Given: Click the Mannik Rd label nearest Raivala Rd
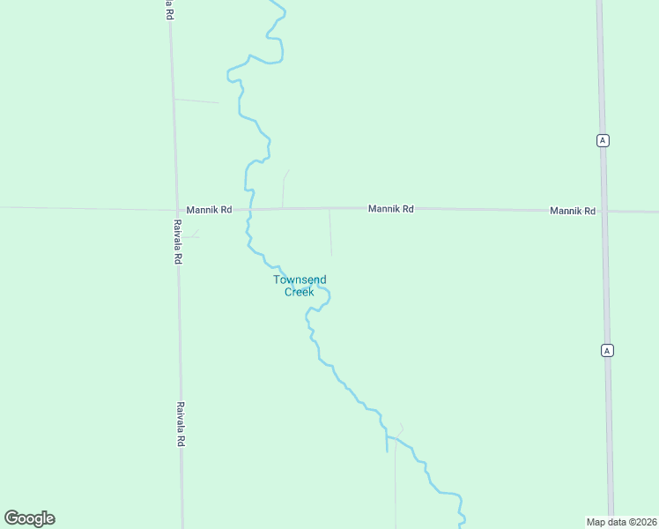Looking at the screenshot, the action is pyautogui.click(x=209, y=210).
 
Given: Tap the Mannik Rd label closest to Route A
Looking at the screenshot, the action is pyautogui.click(x=573, y=211).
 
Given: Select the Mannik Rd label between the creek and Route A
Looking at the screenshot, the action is pyautogui.click(x=390, y=209).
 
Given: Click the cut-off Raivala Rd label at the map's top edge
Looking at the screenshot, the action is pyautogui.click(x=168, y=9).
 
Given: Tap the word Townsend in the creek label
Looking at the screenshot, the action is pyautogui.click(x=300, y=279).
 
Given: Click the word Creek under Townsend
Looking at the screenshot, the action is pyautogui.click(x=299, y=292).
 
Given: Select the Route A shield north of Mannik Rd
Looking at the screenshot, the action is pyautogui.click(x=603, y=140).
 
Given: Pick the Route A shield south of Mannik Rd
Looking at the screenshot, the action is pyautogui.click(x=607, y=350).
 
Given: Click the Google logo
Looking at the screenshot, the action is pyautogui.click(x=29, y=518).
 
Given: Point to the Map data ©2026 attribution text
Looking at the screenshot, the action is pyautogui.click(x=621, y=522).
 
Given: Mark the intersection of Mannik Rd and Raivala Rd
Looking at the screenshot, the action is pyautogui.click(x=174, y=210).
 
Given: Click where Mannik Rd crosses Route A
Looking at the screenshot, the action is pyautogui.click(x=604, y=211).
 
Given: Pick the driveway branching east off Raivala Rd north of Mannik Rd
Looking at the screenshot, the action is pyautogui.click(x=196, y=101).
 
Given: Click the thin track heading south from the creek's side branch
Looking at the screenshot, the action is pyautogui.click(x=395, y=485).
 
